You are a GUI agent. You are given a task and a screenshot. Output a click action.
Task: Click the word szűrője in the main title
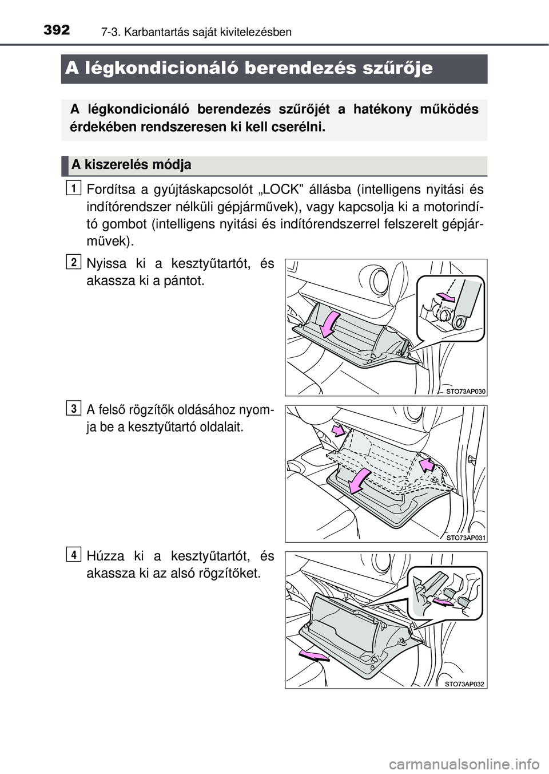point(399,69)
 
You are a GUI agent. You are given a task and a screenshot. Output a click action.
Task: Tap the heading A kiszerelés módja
point(131,165)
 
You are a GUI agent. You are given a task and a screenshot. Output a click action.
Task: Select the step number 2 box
point(73,262)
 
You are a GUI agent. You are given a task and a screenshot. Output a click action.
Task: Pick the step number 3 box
point(73,408)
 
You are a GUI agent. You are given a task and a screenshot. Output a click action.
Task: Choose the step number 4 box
point(73,554)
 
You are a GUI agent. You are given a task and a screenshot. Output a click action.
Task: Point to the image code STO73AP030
point(465,391)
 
